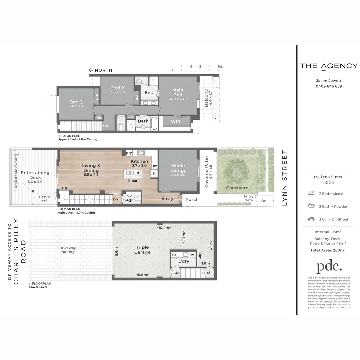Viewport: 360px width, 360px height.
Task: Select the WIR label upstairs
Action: [176, 122]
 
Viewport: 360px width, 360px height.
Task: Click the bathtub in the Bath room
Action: [154, 123]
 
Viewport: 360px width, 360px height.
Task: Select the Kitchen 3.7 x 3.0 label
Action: [139, 163]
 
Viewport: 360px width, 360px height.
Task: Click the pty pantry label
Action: [129, 153]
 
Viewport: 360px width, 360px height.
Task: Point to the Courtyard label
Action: [237, 188]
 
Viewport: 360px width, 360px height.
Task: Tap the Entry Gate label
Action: [249, 198]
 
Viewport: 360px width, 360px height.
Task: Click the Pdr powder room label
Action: [129, 200]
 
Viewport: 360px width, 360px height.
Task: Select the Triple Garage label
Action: [142, 250]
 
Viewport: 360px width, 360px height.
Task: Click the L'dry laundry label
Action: [184, 261]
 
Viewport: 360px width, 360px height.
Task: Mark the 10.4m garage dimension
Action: [164, 228]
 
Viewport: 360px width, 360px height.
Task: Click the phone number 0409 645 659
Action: [329, 86]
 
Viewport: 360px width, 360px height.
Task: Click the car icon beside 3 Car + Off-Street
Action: [311, 219]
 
